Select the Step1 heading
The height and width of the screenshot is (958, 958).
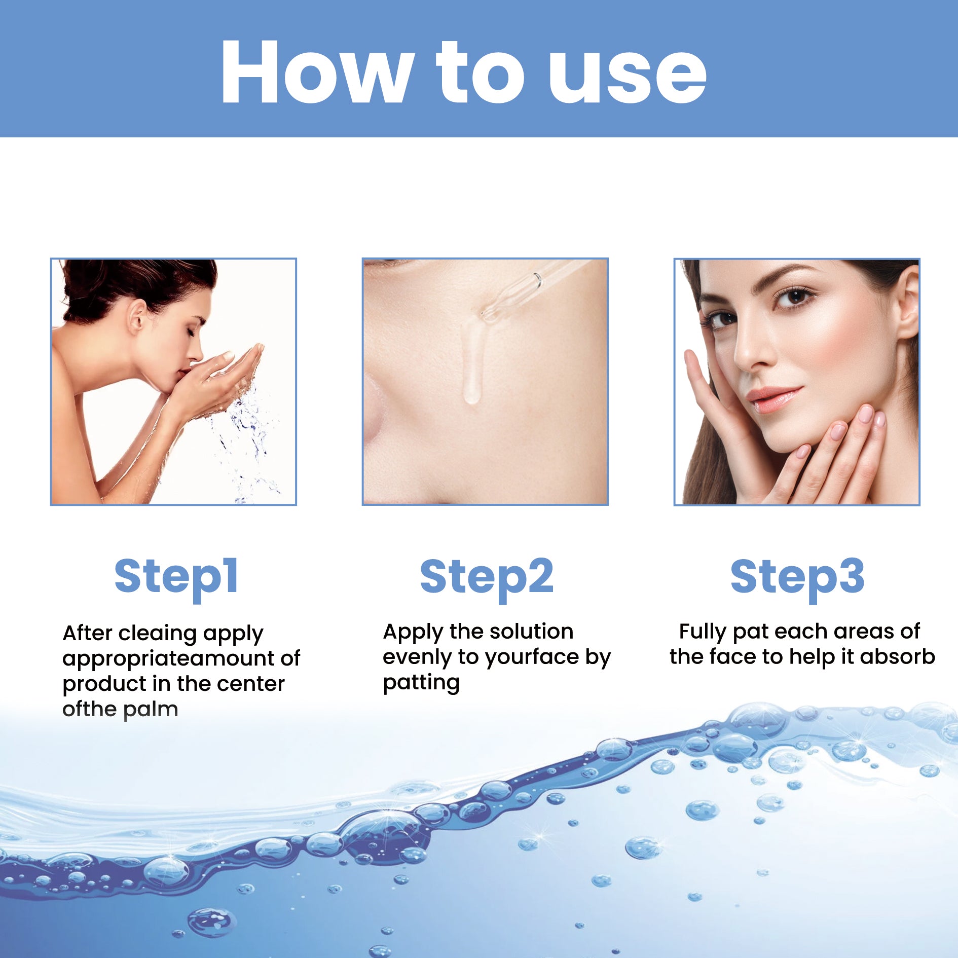click(176, 577)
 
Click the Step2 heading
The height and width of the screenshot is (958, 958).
click(487, 577)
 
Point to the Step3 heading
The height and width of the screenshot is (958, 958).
click(797, 577)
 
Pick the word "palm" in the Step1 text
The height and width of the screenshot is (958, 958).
click(151, 710)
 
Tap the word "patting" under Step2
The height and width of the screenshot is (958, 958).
click(421, 683)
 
